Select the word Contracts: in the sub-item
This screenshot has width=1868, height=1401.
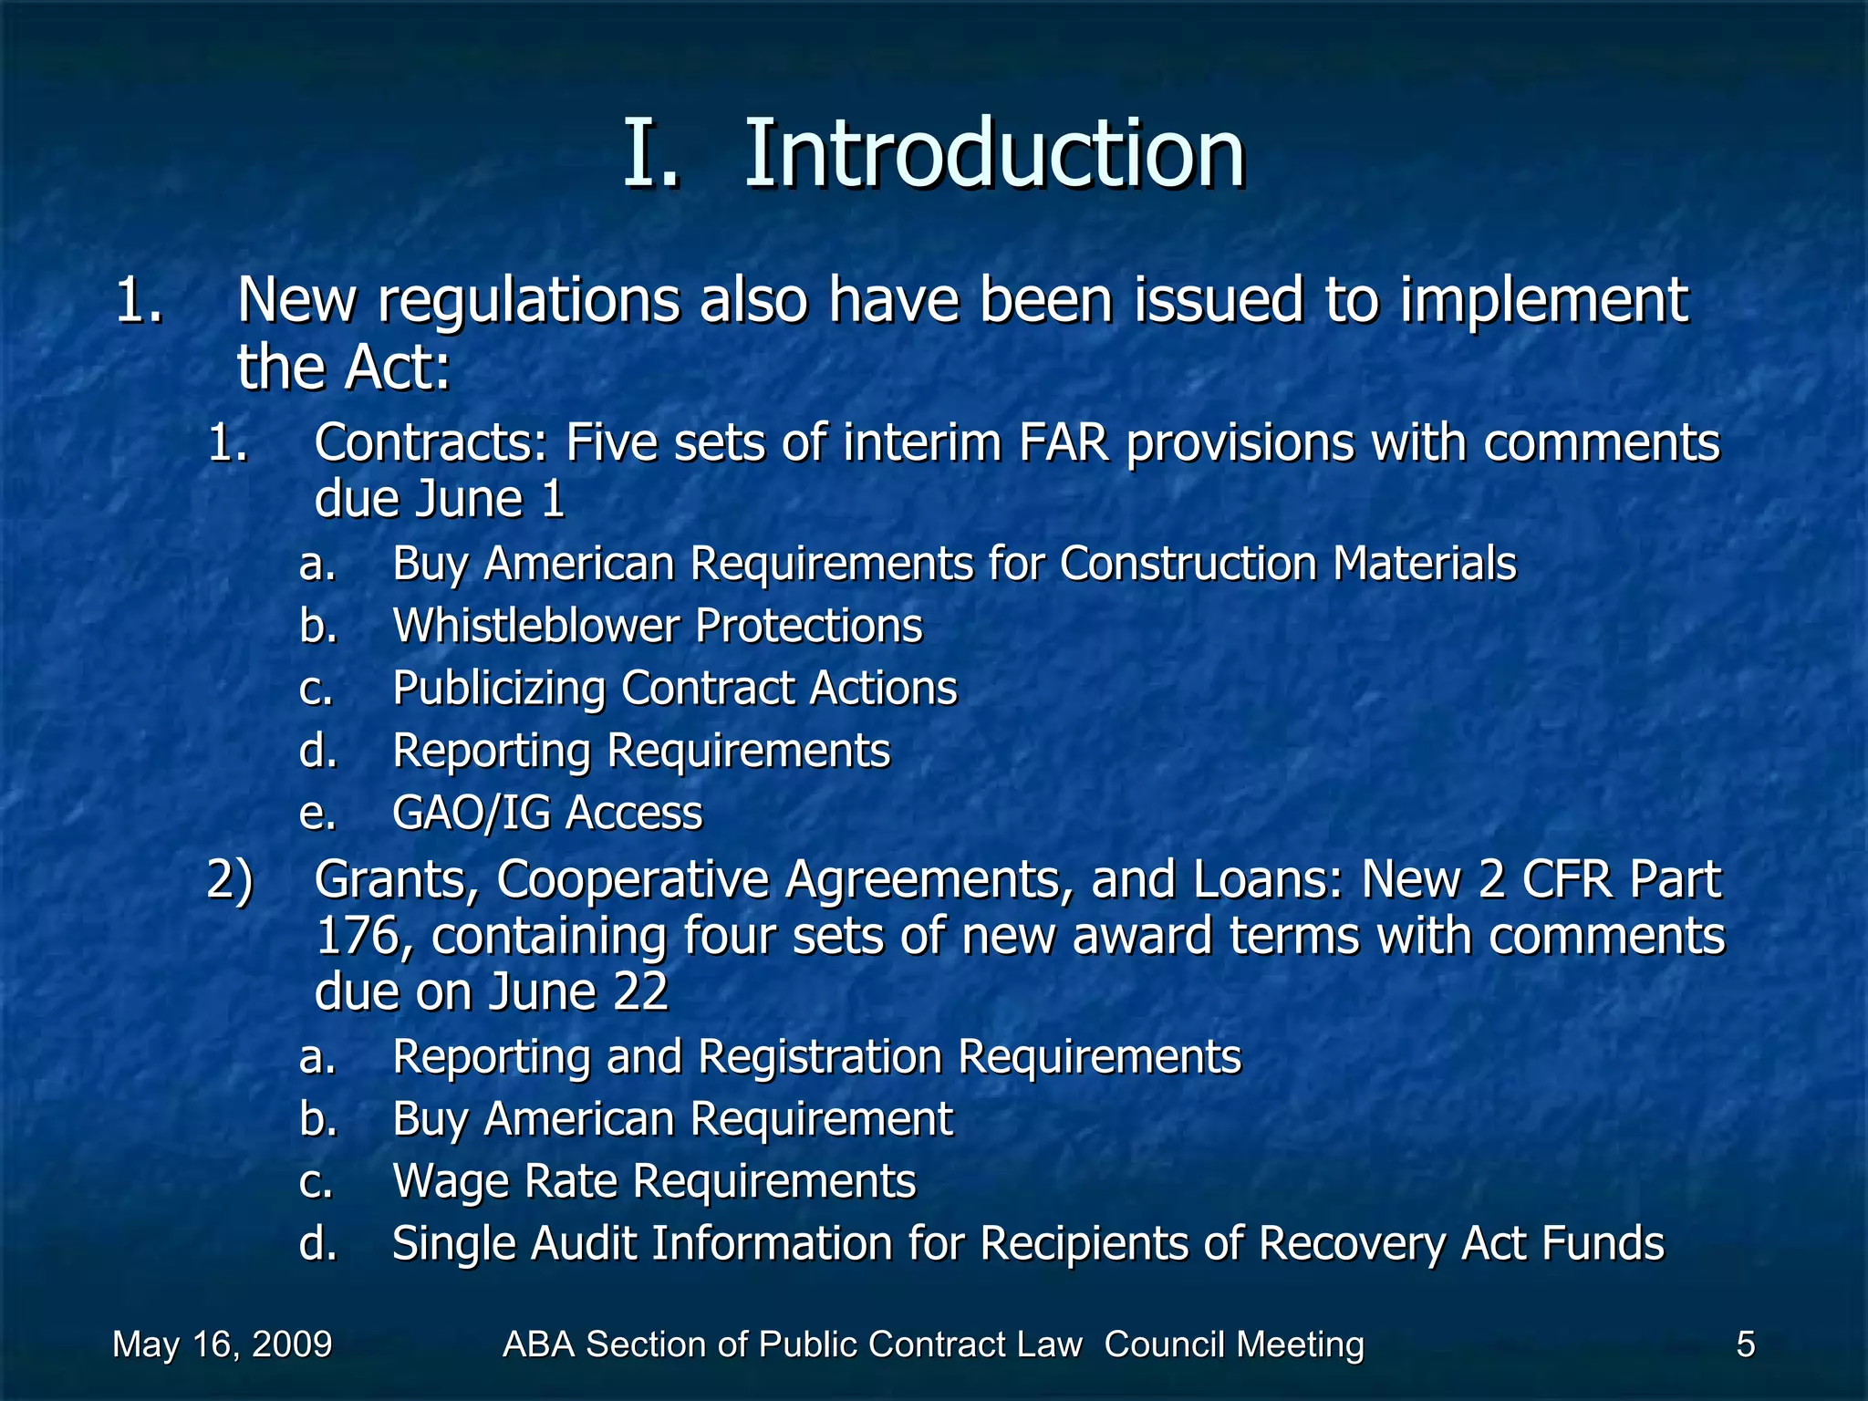[x=431, y=443]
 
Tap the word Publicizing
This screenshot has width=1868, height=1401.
[x=499, y=690]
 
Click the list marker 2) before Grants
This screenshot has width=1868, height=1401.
[x=230, y=880]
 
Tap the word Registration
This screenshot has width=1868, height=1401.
[x=820, y=1057]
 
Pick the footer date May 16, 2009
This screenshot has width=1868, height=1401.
[x=223, y=1344]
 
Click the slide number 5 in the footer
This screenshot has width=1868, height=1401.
[x=1745, y=1344]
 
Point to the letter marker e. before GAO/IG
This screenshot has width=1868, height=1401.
[x=317, y=813]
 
